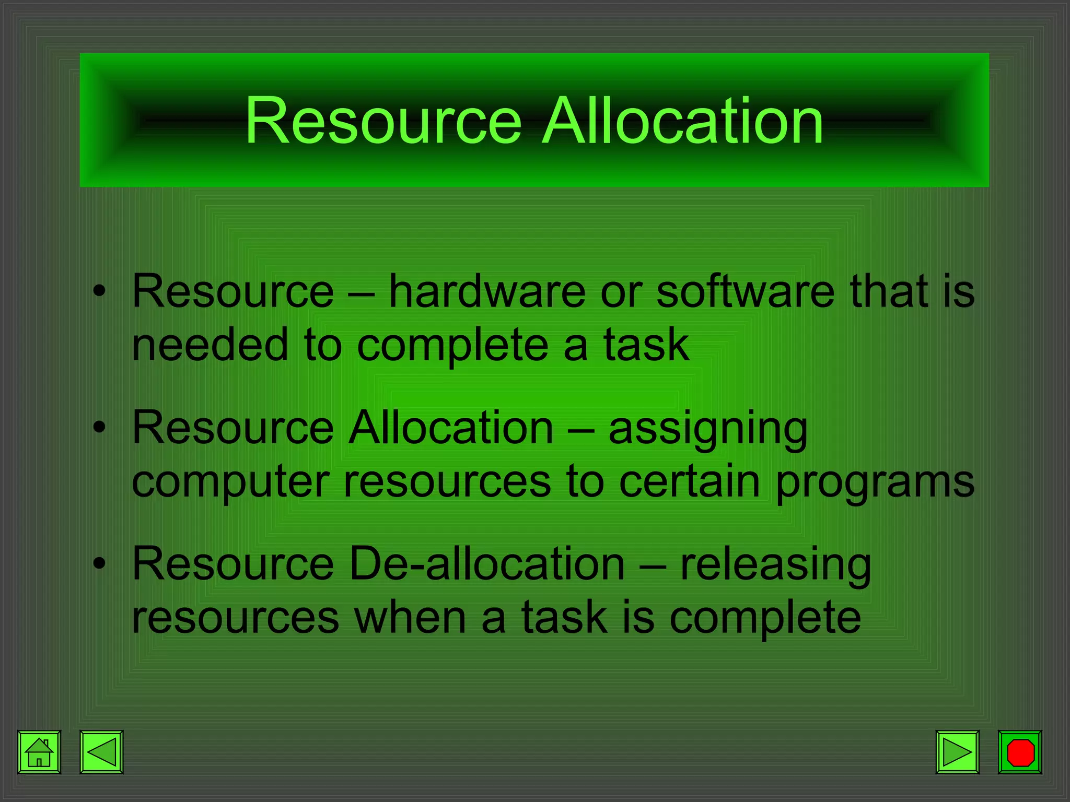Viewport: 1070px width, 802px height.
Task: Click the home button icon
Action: click(39, 752)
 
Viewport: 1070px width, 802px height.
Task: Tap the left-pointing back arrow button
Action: click(101, 752)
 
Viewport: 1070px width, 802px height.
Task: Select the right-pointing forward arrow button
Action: click(957, 752)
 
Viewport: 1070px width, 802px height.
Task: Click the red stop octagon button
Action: click(1020, 752)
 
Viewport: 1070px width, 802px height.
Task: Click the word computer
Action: click(230, 481)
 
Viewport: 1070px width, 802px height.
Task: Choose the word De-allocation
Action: click(487, 564)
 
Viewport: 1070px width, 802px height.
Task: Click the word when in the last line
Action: click(410, 618)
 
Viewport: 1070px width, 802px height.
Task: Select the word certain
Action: click(689, 481)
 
